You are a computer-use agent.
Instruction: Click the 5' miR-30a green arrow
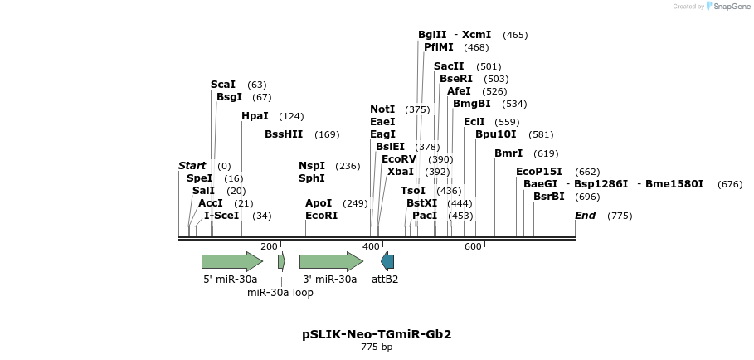[x=231, y=261]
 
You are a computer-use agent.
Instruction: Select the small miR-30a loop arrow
[x=282, y=261]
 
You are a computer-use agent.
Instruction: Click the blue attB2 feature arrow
[x=387, y=261]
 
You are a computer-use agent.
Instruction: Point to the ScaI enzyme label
[x=223, y=85]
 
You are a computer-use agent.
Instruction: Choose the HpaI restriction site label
[x=255, y=116]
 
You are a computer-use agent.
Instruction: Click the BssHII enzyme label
[x=284, y=134]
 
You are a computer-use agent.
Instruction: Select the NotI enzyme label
[x=382, y=109]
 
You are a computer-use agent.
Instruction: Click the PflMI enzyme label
[x=438, y=47]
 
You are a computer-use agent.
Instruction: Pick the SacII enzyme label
[x=449, y=66]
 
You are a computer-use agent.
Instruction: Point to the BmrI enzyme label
[x=508, y=153]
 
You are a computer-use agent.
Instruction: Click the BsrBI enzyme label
[x=548, y=197]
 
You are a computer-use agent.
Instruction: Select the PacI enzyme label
[x=425, y=216]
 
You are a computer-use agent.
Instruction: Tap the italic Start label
[x=192, y=166]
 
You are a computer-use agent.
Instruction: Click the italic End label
[x=585, y=216]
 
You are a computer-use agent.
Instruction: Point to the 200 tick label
[x=270, y=246]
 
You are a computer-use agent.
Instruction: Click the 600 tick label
[x=473, y=246]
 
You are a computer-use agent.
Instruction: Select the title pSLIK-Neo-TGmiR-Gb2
[x=377, y=334]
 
